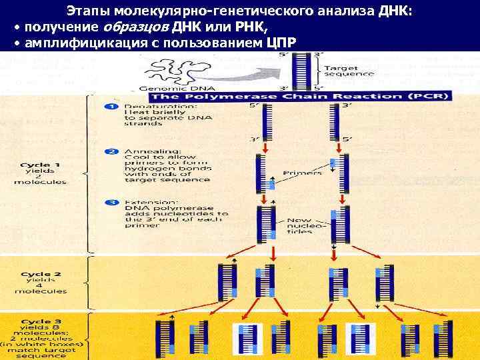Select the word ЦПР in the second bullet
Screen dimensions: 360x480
(279, 43)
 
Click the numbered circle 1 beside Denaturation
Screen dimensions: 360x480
(113, 107)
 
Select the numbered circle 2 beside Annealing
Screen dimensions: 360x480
(113, 152)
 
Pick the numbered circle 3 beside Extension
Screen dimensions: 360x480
(113, 201)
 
